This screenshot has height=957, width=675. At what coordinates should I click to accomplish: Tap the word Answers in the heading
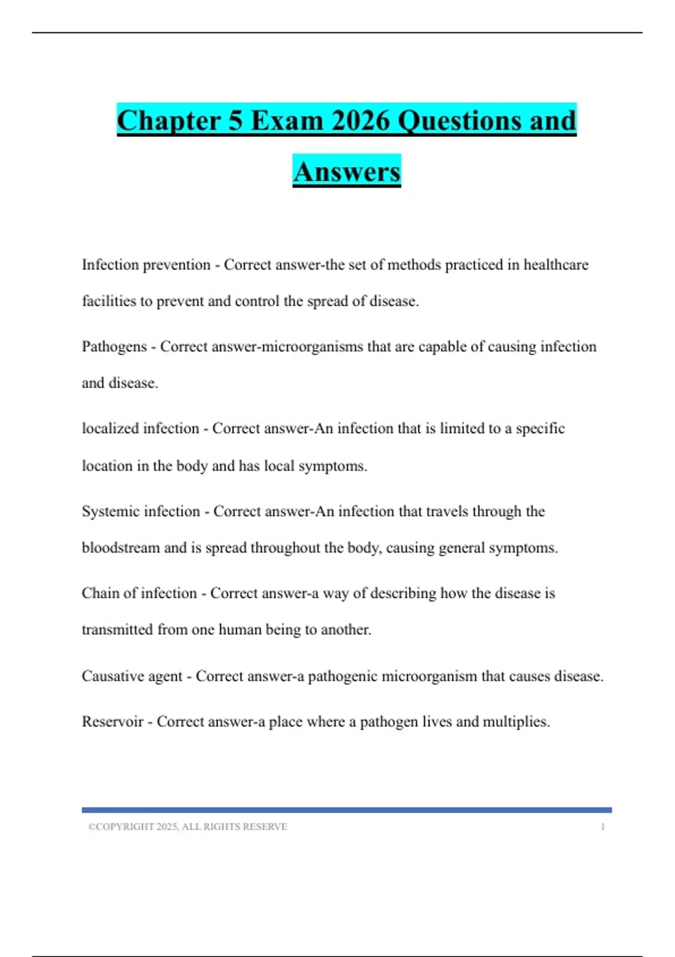coord(346,172)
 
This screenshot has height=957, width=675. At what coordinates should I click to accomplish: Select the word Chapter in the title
coord(169,121)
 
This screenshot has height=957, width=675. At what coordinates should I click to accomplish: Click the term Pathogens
coord(114,347)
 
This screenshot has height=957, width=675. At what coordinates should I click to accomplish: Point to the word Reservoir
coord(112,722)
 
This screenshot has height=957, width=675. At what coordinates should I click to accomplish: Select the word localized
coord(110,429)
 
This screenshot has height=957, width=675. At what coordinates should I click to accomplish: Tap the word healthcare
coord(556,265)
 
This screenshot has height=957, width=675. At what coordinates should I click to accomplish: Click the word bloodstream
coord(120,548)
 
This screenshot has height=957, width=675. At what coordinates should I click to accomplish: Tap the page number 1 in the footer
coord(602,827)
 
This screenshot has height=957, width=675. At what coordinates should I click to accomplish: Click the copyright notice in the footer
coord(187,827)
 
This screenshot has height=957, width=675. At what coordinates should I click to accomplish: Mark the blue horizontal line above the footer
coord(346,810)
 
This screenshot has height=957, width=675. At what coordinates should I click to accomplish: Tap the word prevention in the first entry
coord(177,265)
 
